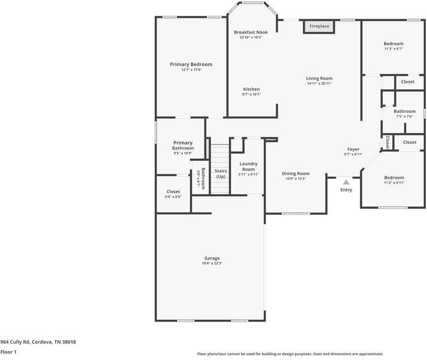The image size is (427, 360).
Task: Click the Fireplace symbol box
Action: pos(319,26)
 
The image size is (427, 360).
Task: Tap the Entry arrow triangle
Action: pos(346,182)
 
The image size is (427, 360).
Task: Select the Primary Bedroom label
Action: pos(191,64)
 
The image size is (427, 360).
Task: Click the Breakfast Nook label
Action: pos(251,32)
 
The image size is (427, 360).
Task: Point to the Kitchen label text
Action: pos(251,89)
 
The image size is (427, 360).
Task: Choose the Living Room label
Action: pos(319,79)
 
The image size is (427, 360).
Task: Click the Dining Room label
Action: pos(296,173)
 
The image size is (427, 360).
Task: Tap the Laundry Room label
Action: pos(248,166)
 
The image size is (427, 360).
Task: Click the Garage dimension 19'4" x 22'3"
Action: pos(212,263)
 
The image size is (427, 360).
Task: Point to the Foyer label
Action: pos(353,149)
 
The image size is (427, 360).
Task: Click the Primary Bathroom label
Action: pos(183,145)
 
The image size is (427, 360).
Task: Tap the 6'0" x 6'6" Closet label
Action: pos(173,192)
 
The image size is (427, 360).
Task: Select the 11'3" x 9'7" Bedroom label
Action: pos(393,44)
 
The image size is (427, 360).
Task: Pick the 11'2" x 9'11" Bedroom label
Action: pos(394,178)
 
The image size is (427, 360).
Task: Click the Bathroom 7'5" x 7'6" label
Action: pos(404,111)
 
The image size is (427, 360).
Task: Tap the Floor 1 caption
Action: pos(8,352)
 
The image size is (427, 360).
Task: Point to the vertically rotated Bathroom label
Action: pos(203,179)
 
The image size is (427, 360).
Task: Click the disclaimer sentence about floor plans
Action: pos(290,354)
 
